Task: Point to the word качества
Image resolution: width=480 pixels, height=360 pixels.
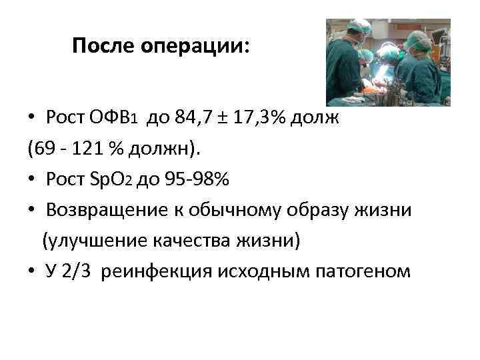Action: [x=186, y=241]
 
